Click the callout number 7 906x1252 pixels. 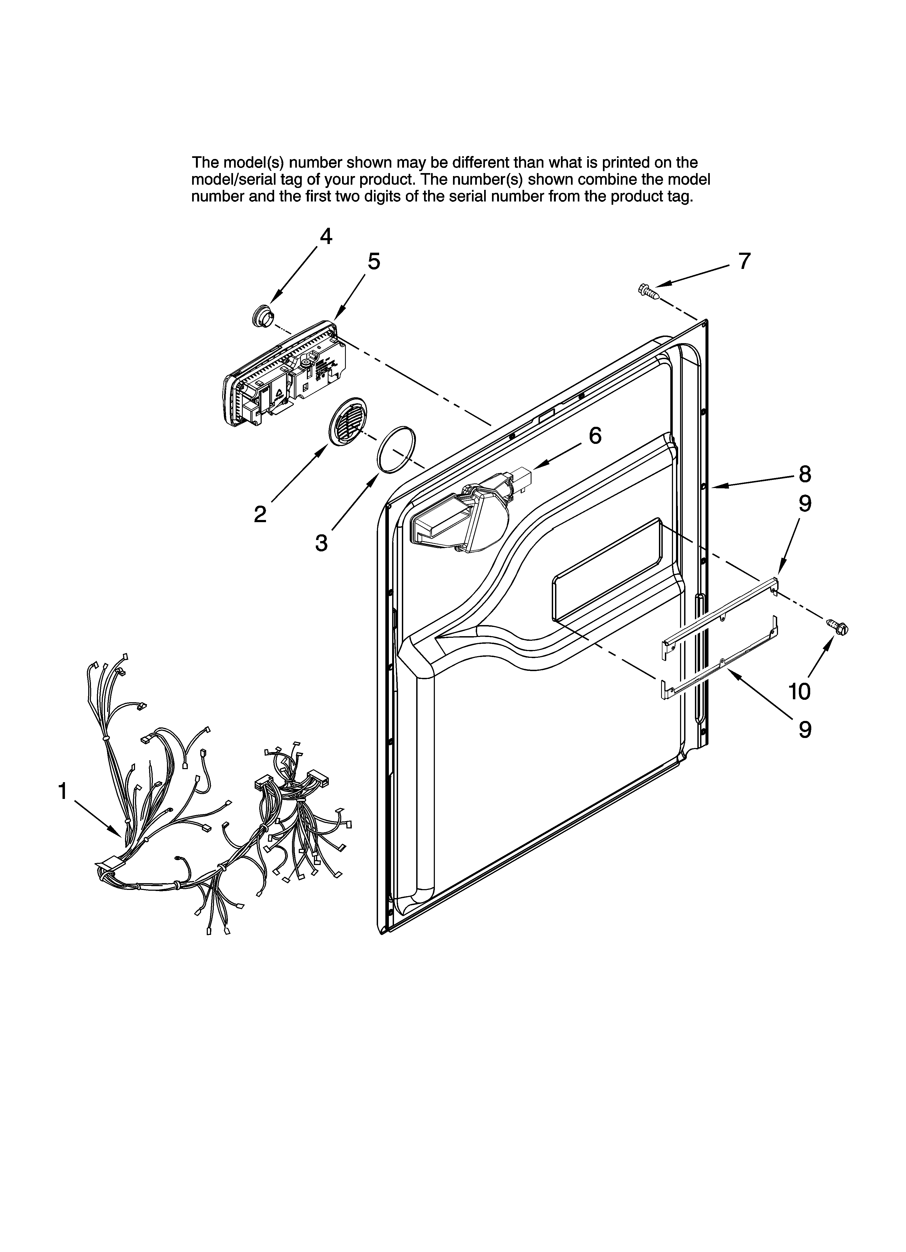744,261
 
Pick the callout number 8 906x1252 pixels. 805,474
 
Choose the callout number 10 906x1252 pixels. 799,691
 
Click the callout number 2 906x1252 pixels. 260,515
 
